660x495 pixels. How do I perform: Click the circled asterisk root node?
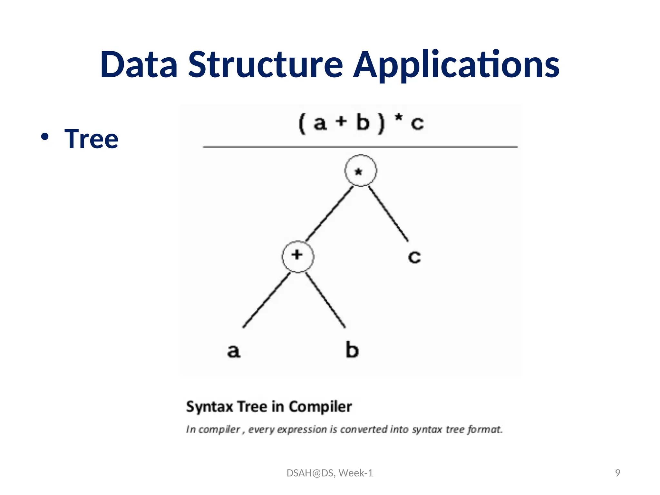point(360,171)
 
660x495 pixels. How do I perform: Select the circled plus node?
point(298,256)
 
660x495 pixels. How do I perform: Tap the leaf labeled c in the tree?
point(414,257)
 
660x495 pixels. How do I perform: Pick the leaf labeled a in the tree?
point(234,350)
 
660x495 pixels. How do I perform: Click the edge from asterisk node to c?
point(388,214)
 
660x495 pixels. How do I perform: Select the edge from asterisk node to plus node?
point(329,214)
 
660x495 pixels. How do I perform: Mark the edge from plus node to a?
point(266,300)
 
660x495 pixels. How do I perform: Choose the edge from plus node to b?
point(325,300)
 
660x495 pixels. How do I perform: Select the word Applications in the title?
point(456,65)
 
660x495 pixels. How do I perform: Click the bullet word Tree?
point(91,139)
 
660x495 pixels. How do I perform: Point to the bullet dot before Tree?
point(45,136)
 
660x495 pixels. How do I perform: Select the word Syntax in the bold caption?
point(209,407)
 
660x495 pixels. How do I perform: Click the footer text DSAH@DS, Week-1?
point(330,473)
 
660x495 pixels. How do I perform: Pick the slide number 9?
point(617,473)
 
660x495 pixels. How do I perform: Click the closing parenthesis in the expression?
point(381,123)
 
